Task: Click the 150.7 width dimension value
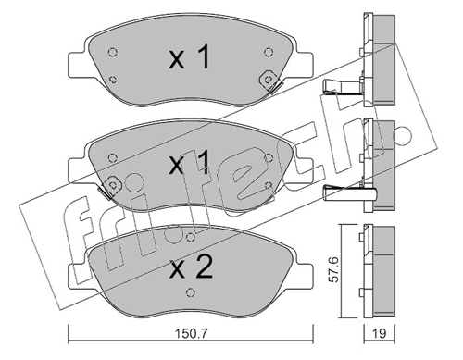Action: pos(192,333)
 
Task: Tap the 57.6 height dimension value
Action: pos(333,270)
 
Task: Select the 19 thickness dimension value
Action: pos(380,333)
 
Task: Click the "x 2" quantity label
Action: pos(192,267)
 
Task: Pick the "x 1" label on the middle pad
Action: pos(190,163)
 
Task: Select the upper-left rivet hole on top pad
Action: pos(113,52)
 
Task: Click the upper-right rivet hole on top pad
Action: pos(269,52)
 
